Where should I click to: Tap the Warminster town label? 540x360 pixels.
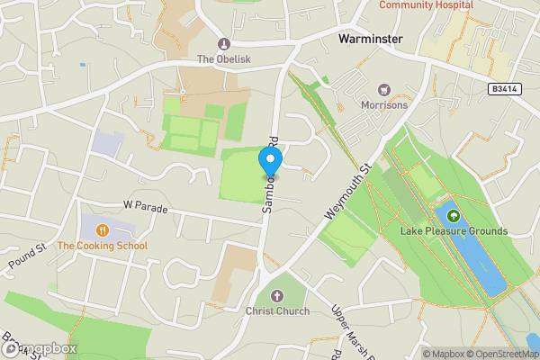tap(369, 40)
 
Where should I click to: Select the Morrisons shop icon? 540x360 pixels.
tap(384, 90)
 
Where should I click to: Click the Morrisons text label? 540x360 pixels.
tap(384, 105)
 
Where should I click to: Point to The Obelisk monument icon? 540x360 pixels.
tap(224, 43)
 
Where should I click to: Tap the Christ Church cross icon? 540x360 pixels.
tap(277, 296)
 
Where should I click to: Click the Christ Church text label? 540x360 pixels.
tap(277, 311)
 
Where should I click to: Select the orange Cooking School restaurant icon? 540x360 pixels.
tap(102, 230)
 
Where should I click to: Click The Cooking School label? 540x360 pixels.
tap(102, 246)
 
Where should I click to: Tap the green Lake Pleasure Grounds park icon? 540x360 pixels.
tap(454, 216)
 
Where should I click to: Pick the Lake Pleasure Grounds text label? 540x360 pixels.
tap(454, 231)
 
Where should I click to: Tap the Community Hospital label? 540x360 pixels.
tap(426, 5)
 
